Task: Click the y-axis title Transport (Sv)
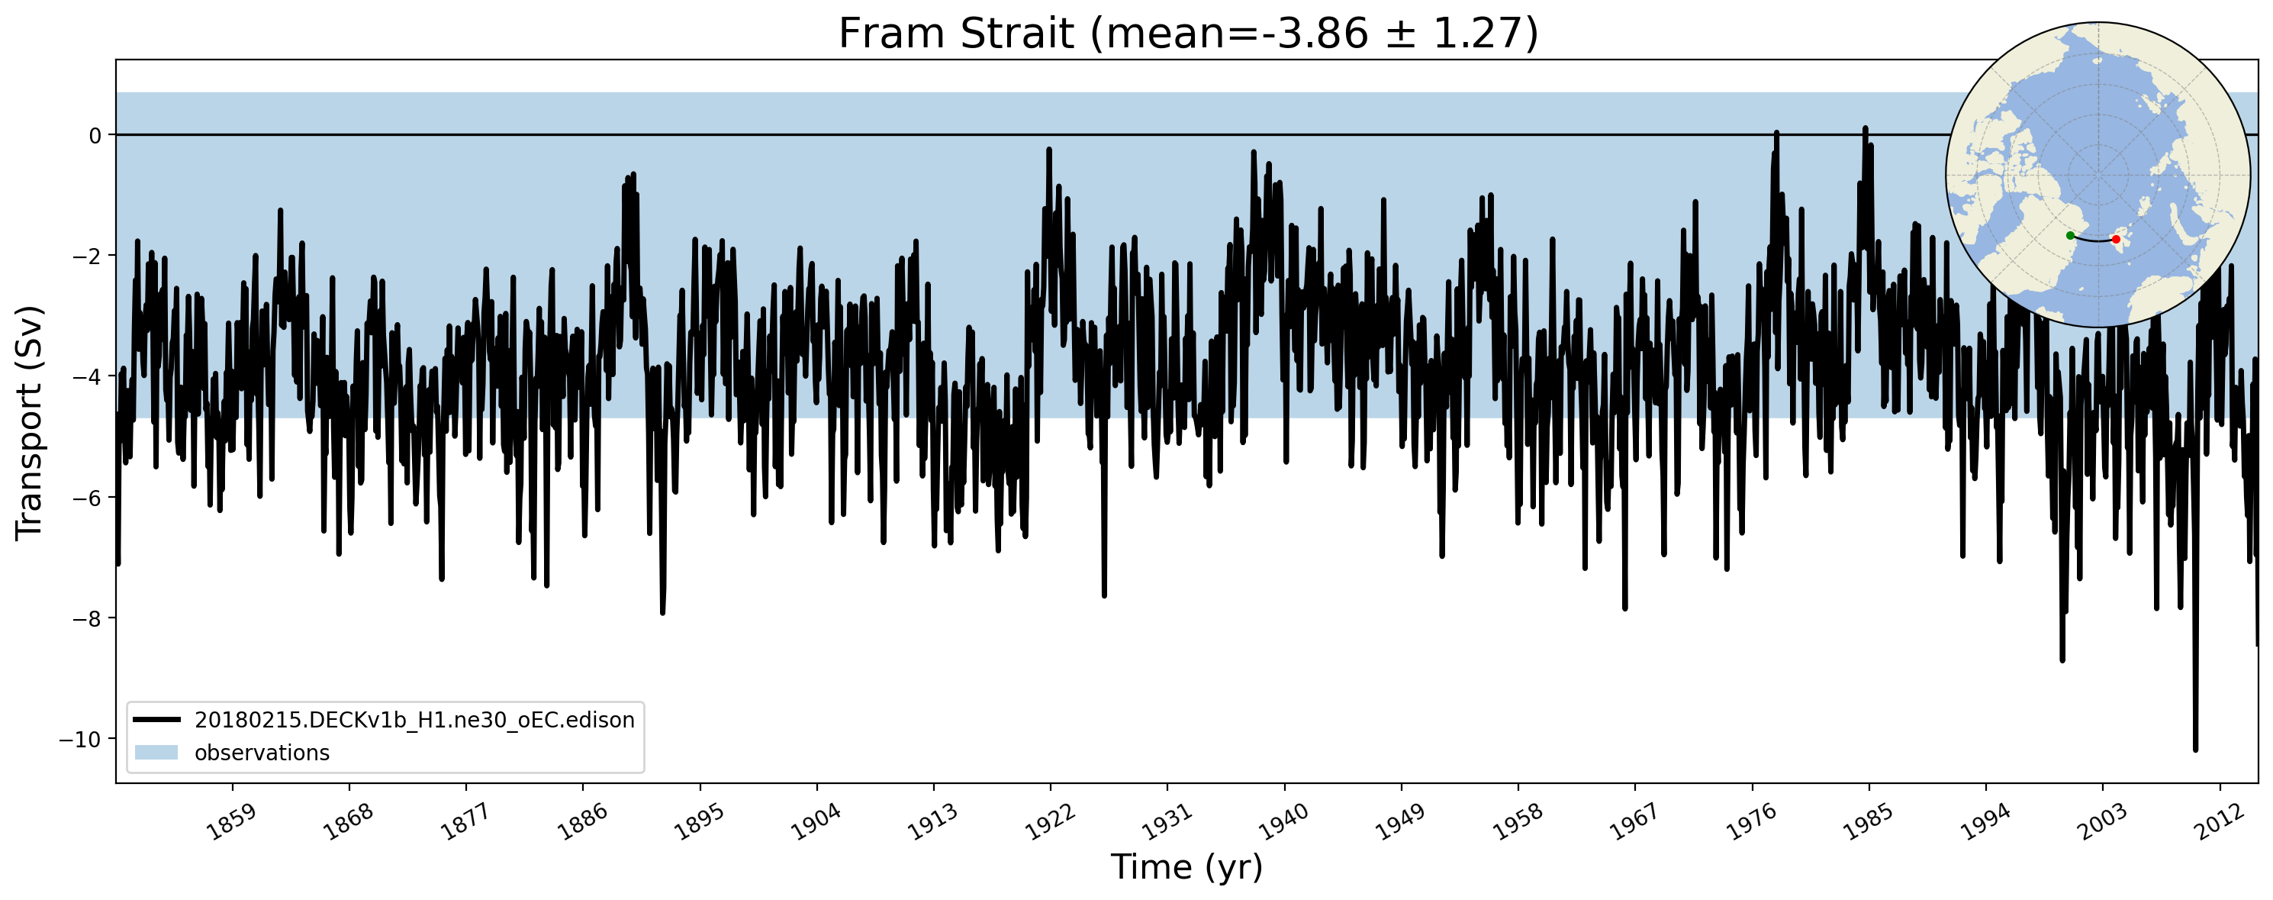(x=29, y=422)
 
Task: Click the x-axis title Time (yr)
(x=1186, y=867)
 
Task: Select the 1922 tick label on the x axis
(x=1049, y=823)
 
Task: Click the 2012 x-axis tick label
(x=2218, y=823)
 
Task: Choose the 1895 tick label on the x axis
(x=699, y=823)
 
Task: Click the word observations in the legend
(x=262, y=753)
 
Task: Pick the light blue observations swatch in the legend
(x=157, y=753)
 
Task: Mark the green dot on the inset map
(x=2070, y=236)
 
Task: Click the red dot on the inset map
(x=2116, y=239)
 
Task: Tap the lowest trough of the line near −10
(x=2194, y=749)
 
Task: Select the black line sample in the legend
(x=157, y=720)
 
